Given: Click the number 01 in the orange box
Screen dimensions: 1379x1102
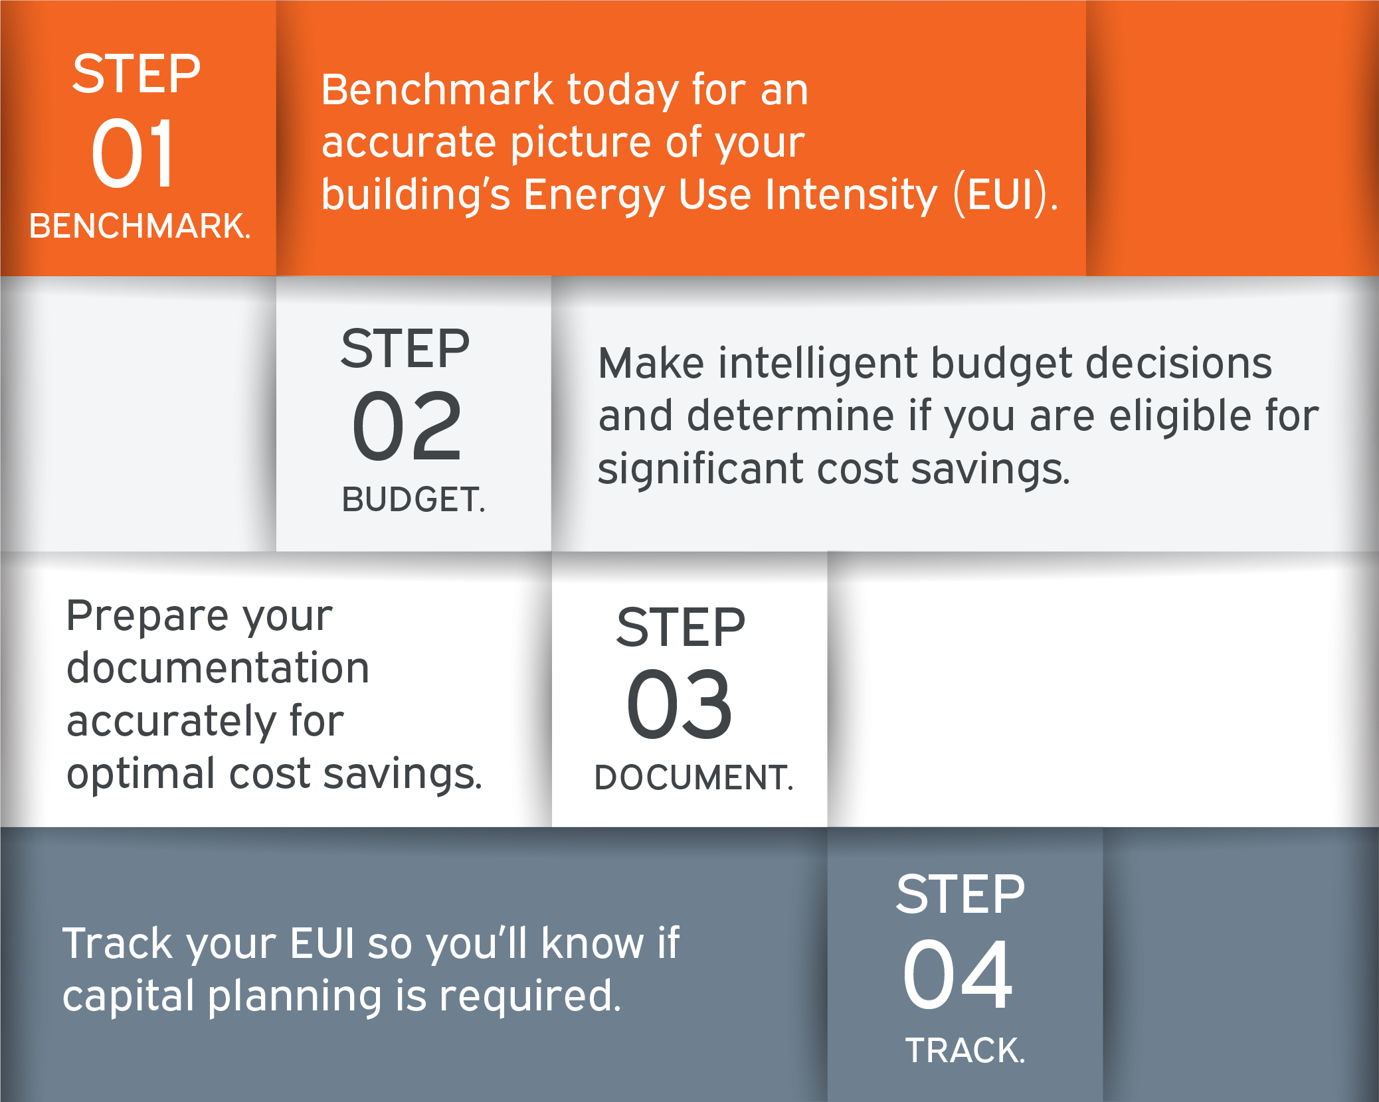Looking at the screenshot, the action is click(x=133, y=153).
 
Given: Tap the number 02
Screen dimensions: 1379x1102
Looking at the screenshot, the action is click(x=407, y=426).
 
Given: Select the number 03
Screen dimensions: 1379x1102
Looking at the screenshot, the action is click(x=679, y=704).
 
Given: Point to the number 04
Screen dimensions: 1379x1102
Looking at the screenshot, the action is click(x=957, y=975).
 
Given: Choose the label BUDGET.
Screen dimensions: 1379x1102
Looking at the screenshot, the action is click(x=413, y=499).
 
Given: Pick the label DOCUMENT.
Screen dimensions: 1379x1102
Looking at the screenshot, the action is click(x=693, y=777).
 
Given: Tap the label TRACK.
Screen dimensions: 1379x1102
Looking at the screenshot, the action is click(x=965, y=1050).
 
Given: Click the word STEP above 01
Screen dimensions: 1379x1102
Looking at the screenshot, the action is click(x=136, y=74).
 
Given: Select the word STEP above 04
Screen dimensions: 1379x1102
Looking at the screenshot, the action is click(x=960, y=894).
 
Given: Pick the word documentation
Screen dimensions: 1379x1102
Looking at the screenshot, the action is click(x=218, y=668).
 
